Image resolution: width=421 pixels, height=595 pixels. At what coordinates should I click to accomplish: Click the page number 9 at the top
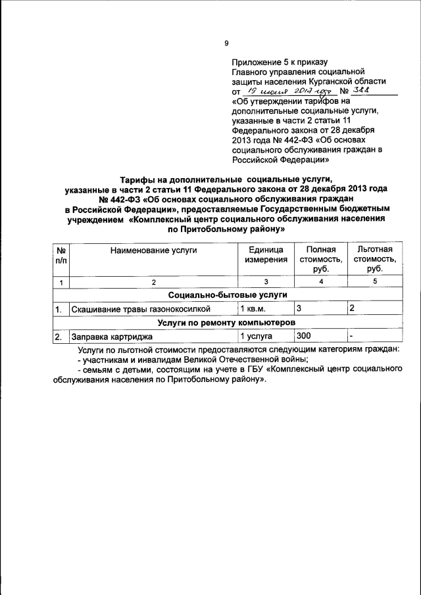(x=226, y=43)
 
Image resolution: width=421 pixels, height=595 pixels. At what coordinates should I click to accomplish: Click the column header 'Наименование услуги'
(x=153, y=250)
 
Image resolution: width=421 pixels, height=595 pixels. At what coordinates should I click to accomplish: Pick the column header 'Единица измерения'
(x=266, y=254)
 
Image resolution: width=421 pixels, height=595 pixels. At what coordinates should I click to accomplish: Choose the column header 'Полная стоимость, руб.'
(x=320, y=259)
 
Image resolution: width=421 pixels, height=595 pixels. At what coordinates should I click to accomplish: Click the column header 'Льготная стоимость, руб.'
(x=375, y=259)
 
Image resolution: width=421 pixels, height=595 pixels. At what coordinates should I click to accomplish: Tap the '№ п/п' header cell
(x=60, y=254)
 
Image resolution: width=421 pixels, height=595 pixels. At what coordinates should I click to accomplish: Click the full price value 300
(x=304, y=336)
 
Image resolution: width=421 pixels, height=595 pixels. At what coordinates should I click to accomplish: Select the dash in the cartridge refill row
(x=352, y=336)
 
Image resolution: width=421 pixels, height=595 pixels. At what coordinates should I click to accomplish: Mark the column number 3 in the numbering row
(x=266, y=282)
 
